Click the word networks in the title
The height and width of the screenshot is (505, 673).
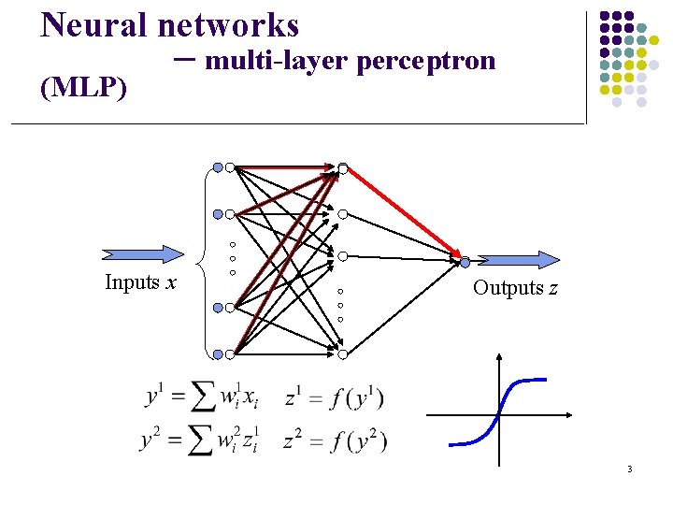tap(229, 24)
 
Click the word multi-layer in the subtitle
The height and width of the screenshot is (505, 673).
tap(277, 62)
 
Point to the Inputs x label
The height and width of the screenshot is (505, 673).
tap(141, 282)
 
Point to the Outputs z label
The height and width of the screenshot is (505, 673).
tap(515, 288)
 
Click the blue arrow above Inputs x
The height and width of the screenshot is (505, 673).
tap(144, 252)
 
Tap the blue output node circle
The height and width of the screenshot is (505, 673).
tap(465, 263)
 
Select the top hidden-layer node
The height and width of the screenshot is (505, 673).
tap(343, 168)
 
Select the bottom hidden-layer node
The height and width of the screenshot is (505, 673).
tap(343, 354)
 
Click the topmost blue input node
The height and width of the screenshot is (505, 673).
tap(218, 167)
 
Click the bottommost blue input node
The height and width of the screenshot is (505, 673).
tap(218, 354)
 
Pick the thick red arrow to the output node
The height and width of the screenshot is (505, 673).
tap(404, 213)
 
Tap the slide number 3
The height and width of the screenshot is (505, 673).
tap(630, 469)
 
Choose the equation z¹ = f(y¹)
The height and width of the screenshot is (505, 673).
tap(334, 397)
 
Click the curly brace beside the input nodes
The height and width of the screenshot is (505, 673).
tap(204, 261)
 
